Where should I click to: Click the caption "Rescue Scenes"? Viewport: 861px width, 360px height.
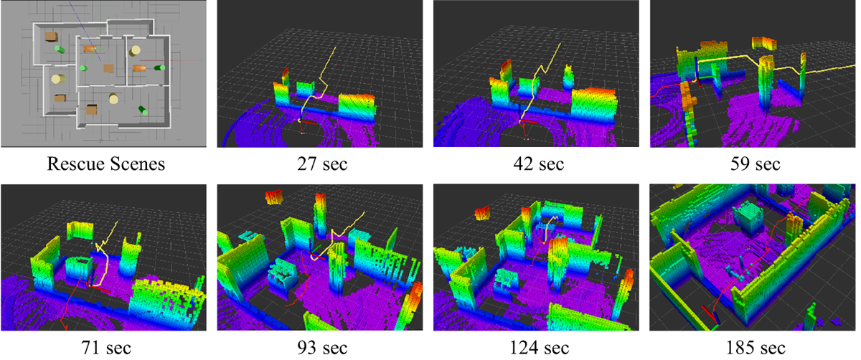coord(105,164)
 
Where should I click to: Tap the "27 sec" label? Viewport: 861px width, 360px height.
coord(322,164)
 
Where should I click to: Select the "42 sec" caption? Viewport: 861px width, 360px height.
coord(539,164)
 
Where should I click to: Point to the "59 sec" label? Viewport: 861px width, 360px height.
coord(756,164)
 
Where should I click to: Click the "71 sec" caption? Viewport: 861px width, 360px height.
coord(106,348)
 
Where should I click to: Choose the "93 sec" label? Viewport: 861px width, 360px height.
coord(322,348)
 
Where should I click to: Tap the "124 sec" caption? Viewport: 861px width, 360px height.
coord(539,348)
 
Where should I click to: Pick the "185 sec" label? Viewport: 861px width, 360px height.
coord(756,348)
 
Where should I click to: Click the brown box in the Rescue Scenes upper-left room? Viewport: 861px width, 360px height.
coord(51,37)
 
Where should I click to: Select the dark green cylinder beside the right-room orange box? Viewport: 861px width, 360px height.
coord(159,68)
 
